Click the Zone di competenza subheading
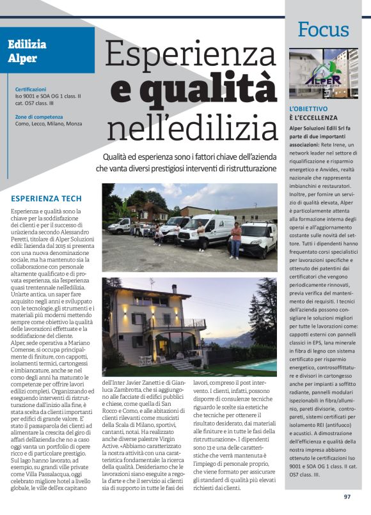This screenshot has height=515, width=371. (x=39, y=117)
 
